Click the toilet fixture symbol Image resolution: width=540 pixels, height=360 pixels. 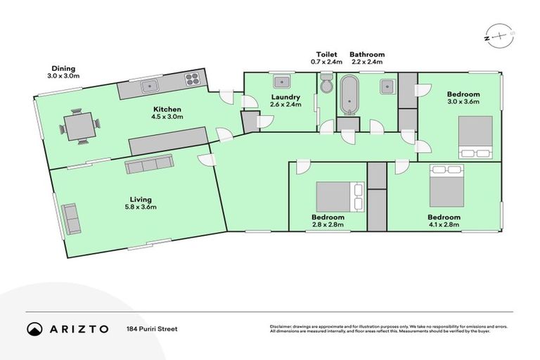327,85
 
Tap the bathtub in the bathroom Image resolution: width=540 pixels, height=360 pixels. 349,96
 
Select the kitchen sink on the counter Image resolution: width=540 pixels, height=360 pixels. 150,86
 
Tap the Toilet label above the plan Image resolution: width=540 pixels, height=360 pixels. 326,54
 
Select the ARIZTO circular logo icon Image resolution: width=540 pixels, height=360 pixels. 34,328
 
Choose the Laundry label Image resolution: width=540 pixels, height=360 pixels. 285,97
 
